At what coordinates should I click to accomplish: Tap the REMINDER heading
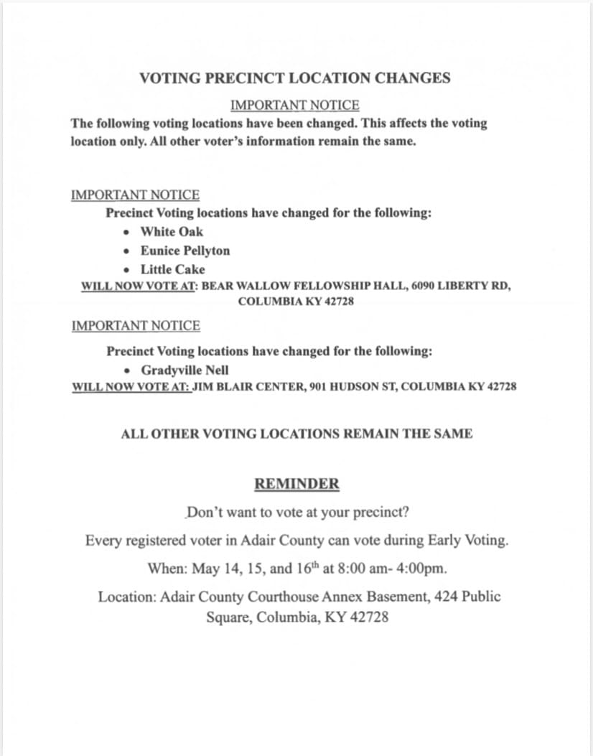click(x=296, y=484)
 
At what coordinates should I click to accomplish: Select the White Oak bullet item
click(x=172, y=232)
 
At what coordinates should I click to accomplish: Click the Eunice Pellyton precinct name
click(x=185, y=251)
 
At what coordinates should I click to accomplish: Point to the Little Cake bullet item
click(x=172, y=270)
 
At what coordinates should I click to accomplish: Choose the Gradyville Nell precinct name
click(x=185, y=370)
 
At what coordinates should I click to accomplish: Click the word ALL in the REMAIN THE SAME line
click(x=133, y=434)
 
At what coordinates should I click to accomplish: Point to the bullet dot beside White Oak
click(x=127, y=232)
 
